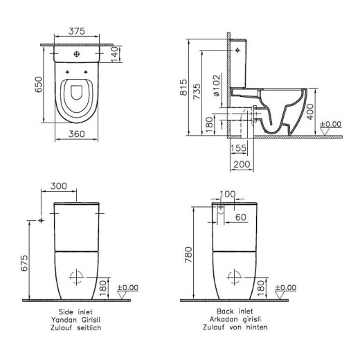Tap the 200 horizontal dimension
tap(241, 164)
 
